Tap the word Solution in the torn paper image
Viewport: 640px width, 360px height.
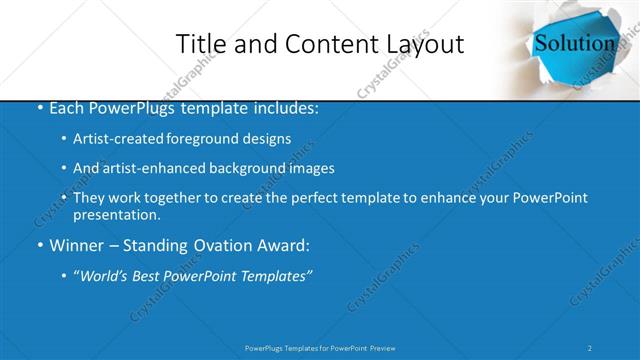pyautogui.click(x=574, y=43)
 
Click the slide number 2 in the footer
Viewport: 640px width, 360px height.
pyautogui.click(x=590, y=347)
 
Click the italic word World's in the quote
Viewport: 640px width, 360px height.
pyautogui.click(x=102, y=275)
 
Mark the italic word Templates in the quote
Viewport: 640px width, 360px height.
pyautogui.click(x=272, y=275)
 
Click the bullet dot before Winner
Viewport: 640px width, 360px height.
pyautogui.click(x=39, y=245)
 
